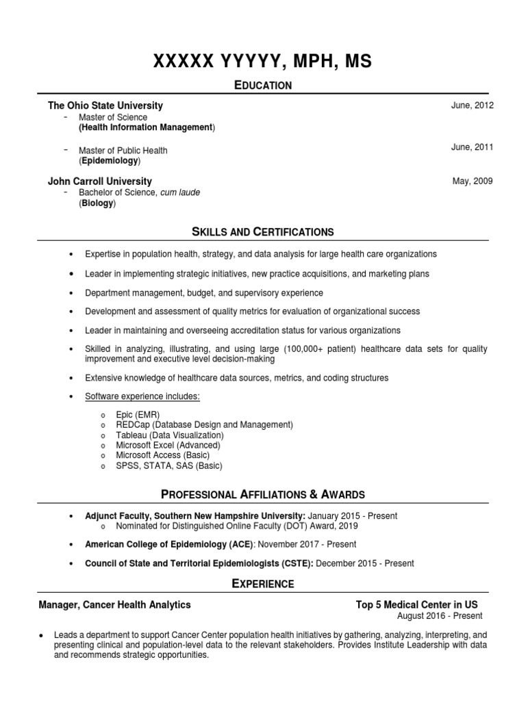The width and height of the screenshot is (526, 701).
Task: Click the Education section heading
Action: pyautogui.click(x=263, y=85)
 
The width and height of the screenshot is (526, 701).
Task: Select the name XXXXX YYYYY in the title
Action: pyautogui.click(x=215, y=62)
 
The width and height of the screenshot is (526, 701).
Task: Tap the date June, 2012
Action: pyautogui.click(x=473, y=105)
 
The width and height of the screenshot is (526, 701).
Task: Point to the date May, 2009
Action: pyautogui.click(x=473, y=181)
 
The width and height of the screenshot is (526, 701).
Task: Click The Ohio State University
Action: pyautogui.click(x=105, y=106)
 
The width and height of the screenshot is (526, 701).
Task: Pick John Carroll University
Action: pyautogui.click(x=100, y=181)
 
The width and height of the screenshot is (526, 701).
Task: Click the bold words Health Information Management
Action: pyautogui.click(x=147, y=127)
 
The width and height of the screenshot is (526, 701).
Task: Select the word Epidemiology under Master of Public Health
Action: pyautogui.click(x=110, y=161)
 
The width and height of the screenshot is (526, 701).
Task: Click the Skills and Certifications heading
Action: pyautogui.click(x=263, y=232)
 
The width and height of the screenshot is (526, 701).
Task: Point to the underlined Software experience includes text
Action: pyautogui.click(x=142, y=396)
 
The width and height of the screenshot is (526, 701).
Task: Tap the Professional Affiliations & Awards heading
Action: pyautogui.click(x=263, y=494)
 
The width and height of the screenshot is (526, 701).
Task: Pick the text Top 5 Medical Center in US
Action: pyautogui.click(x=417, y=604)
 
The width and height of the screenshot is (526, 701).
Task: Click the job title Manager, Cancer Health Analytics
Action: pyautogui.click(x=115, y=604)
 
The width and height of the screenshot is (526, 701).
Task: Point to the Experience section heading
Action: pyautogui.click(x=263, y=584)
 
